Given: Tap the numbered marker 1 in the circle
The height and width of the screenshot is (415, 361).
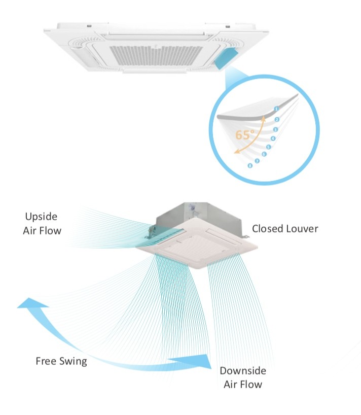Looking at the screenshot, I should [x=276, y=109].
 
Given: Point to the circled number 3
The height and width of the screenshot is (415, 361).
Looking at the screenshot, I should [x=275, y=130].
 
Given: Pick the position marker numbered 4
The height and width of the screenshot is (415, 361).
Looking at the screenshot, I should [x=273, y=139].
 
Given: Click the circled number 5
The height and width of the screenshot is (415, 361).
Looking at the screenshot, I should [x=269, y=147].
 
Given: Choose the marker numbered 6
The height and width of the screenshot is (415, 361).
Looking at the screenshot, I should [x=264, y=154].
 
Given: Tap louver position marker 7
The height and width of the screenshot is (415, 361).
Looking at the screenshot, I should [x=257, y=161].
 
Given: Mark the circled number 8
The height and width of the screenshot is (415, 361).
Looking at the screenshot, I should [x=250, y=166].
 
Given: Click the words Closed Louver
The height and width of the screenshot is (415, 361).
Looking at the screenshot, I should [x=285, y=229].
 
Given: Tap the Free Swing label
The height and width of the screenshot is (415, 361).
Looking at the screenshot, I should [x=61, y=361].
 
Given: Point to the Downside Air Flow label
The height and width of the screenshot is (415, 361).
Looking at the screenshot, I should [x=243, y=377].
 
